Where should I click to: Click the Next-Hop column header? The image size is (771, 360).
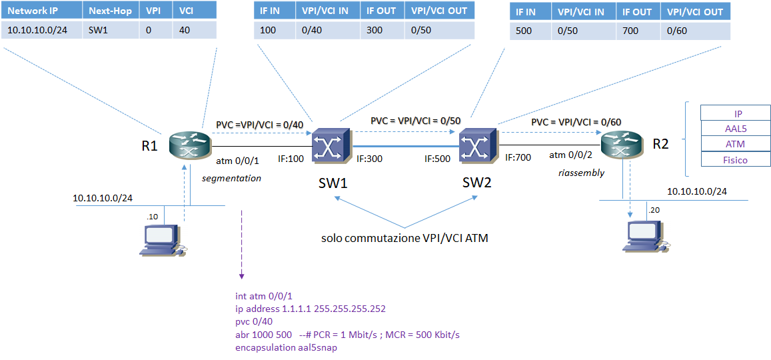110,11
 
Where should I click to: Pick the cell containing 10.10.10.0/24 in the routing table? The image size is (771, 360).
42,30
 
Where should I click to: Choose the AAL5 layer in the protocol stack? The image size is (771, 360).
735,128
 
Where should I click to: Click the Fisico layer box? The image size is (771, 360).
735,159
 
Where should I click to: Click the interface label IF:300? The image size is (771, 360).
369,159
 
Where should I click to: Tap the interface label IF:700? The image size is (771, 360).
518,158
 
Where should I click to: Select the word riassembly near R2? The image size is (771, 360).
581,173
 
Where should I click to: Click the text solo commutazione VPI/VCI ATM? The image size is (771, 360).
404,237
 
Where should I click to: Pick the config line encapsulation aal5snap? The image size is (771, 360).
287,347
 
